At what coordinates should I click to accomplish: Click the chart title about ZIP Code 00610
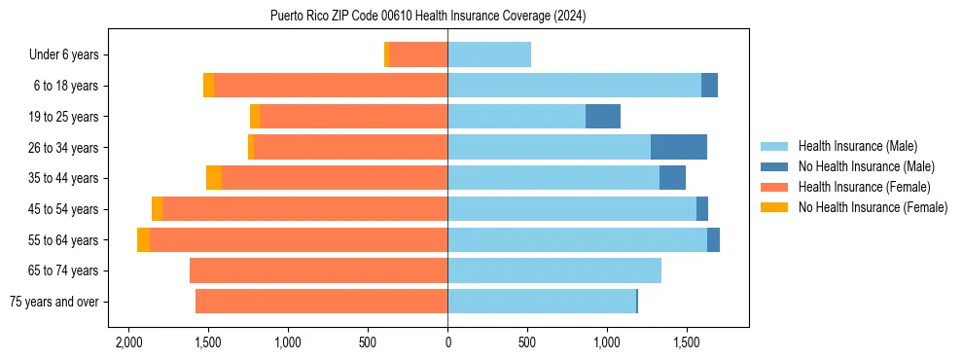point(428,16)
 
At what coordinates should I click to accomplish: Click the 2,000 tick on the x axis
point(128,342)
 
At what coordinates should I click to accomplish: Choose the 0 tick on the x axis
point(447,342)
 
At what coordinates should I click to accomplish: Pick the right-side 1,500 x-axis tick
point(687,342)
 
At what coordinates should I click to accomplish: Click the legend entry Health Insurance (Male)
point(857,146)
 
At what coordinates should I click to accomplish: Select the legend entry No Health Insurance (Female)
point(873,207)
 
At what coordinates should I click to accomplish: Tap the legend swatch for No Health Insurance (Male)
point(774,166)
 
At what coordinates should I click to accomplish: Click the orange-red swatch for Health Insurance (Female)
point(774,187)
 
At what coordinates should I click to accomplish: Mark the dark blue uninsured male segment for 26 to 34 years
point(679,147)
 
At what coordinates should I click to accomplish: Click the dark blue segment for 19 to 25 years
point(603,117)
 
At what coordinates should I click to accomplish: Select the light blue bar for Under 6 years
point(489,54)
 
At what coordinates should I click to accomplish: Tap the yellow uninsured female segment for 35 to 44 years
point(214,178)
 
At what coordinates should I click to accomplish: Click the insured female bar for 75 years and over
point(321,302)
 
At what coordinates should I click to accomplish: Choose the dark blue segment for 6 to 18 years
point(709,86)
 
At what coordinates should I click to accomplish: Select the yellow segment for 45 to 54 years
point(157,209)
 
